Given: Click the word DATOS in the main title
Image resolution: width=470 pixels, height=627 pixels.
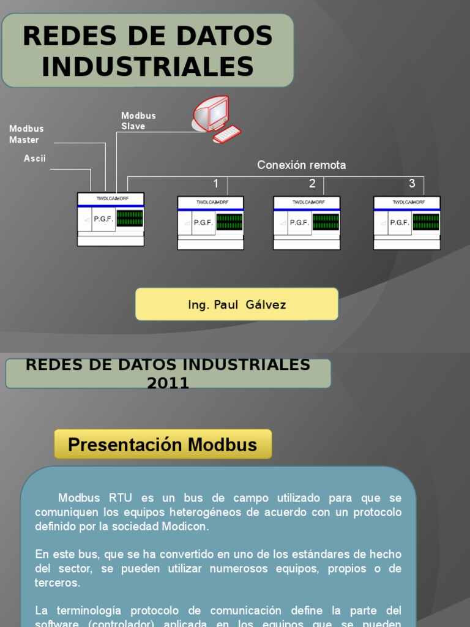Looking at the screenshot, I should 229,37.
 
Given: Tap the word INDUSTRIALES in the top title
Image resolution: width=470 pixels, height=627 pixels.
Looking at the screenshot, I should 147,66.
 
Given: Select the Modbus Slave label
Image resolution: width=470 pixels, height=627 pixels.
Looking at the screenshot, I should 138,121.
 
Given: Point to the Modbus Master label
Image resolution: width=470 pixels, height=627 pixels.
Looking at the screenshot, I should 26,134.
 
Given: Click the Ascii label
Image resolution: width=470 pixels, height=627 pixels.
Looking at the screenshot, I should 35,159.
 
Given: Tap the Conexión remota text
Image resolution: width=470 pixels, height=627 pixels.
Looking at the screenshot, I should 301,165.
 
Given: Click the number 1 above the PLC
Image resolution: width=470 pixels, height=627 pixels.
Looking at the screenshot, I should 215,184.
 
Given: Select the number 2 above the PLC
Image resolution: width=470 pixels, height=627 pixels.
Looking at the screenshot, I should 312,184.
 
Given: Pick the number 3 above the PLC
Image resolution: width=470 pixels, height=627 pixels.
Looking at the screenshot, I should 412,184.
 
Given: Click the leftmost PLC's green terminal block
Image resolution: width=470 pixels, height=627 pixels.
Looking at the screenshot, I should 130,219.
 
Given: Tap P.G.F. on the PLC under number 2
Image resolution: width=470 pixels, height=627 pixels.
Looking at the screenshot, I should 299,223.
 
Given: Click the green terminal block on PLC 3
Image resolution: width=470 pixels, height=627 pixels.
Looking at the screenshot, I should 426,222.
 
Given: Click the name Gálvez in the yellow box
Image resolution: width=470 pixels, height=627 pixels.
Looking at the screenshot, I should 266,305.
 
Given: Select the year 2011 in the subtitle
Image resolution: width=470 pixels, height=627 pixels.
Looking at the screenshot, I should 168,384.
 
